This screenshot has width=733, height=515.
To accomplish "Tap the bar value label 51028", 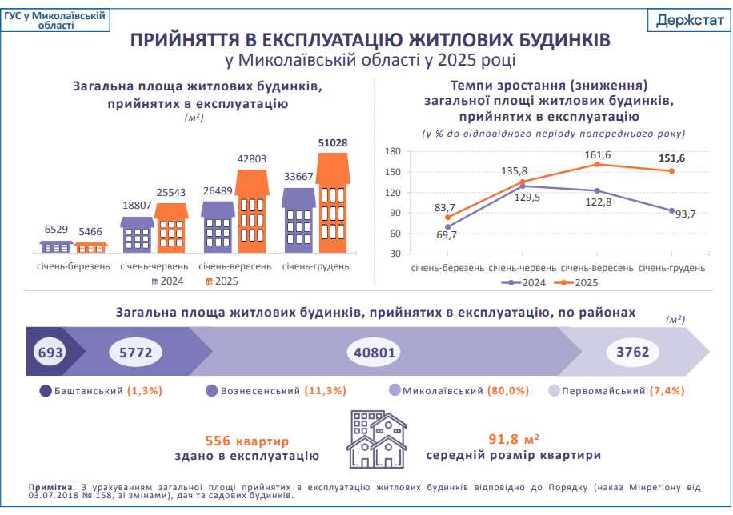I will (333, 142).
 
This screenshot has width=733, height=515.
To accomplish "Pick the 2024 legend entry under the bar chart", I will (166, 281).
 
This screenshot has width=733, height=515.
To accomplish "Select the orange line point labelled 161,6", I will (596, 164).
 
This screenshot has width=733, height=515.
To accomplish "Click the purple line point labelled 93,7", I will (671, 210).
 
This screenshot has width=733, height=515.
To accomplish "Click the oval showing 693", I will (50, 352).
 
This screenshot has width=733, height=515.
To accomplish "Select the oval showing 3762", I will (632, 352).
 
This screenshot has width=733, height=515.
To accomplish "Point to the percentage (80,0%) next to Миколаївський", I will (510, 391).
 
